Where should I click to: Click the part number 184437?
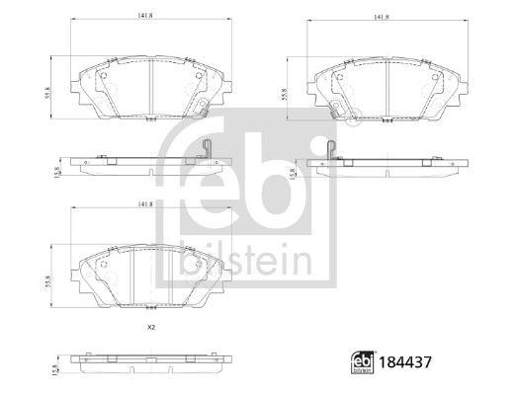tap(405, 362)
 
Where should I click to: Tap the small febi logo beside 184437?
tap(363, 362)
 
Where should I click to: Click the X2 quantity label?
tap(151, 328)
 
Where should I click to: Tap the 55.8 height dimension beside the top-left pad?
tap(48, 93)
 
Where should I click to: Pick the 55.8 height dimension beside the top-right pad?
tap(285, 94)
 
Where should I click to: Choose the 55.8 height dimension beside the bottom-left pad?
tap(48, 281)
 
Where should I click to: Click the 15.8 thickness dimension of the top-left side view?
tap(56, 172)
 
